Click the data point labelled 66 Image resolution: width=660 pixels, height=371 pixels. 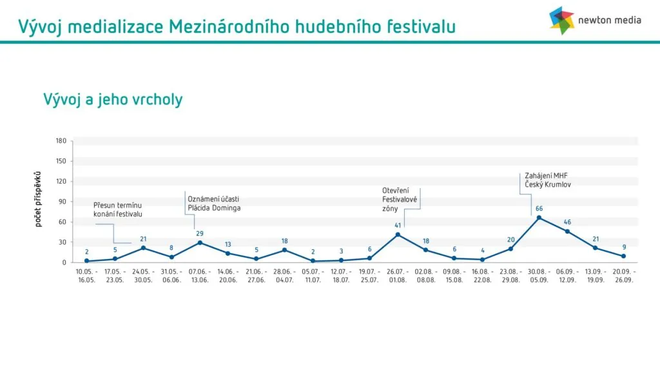[x=539, y=218]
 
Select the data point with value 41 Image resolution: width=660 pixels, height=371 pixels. [x=398, y=234]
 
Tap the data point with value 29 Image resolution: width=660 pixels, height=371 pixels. [x=200, y=243]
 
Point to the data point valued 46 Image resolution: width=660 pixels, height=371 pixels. [x=567, y=231]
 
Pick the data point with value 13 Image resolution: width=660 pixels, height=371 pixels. [x=228, y=253]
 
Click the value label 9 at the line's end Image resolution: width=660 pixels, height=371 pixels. [x=624, y=247]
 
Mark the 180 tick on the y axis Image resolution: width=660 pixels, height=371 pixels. [x=61, y=141]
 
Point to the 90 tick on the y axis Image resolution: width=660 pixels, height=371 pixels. [x=63, y=202]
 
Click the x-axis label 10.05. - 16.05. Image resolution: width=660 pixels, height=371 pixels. [x=87, y=276]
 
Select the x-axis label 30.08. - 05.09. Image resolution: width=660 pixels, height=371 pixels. [x=539, y=276]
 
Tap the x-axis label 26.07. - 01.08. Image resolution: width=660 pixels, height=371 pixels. [x=398, y=276]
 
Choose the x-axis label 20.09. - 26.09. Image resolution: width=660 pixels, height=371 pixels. [x=624, y=276]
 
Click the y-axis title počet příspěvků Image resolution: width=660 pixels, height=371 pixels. [x=38, y=200]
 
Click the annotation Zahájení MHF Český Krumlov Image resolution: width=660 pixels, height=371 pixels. [x=548, y=180]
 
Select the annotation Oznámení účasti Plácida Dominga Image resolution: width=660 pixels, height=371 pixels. [x=214, y=204]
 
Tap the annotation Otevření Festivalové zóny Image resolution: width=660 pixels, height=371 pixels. [x=400, y=200]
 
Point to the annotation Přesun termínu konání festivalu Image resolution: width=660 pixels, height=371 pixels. [x=118, y=209]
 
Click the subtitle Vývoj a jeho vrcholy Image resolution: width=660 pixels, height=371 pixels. [x=113, y=100]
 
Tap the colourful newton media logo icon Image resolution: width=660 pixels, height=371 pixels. [x=561, y=20]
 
